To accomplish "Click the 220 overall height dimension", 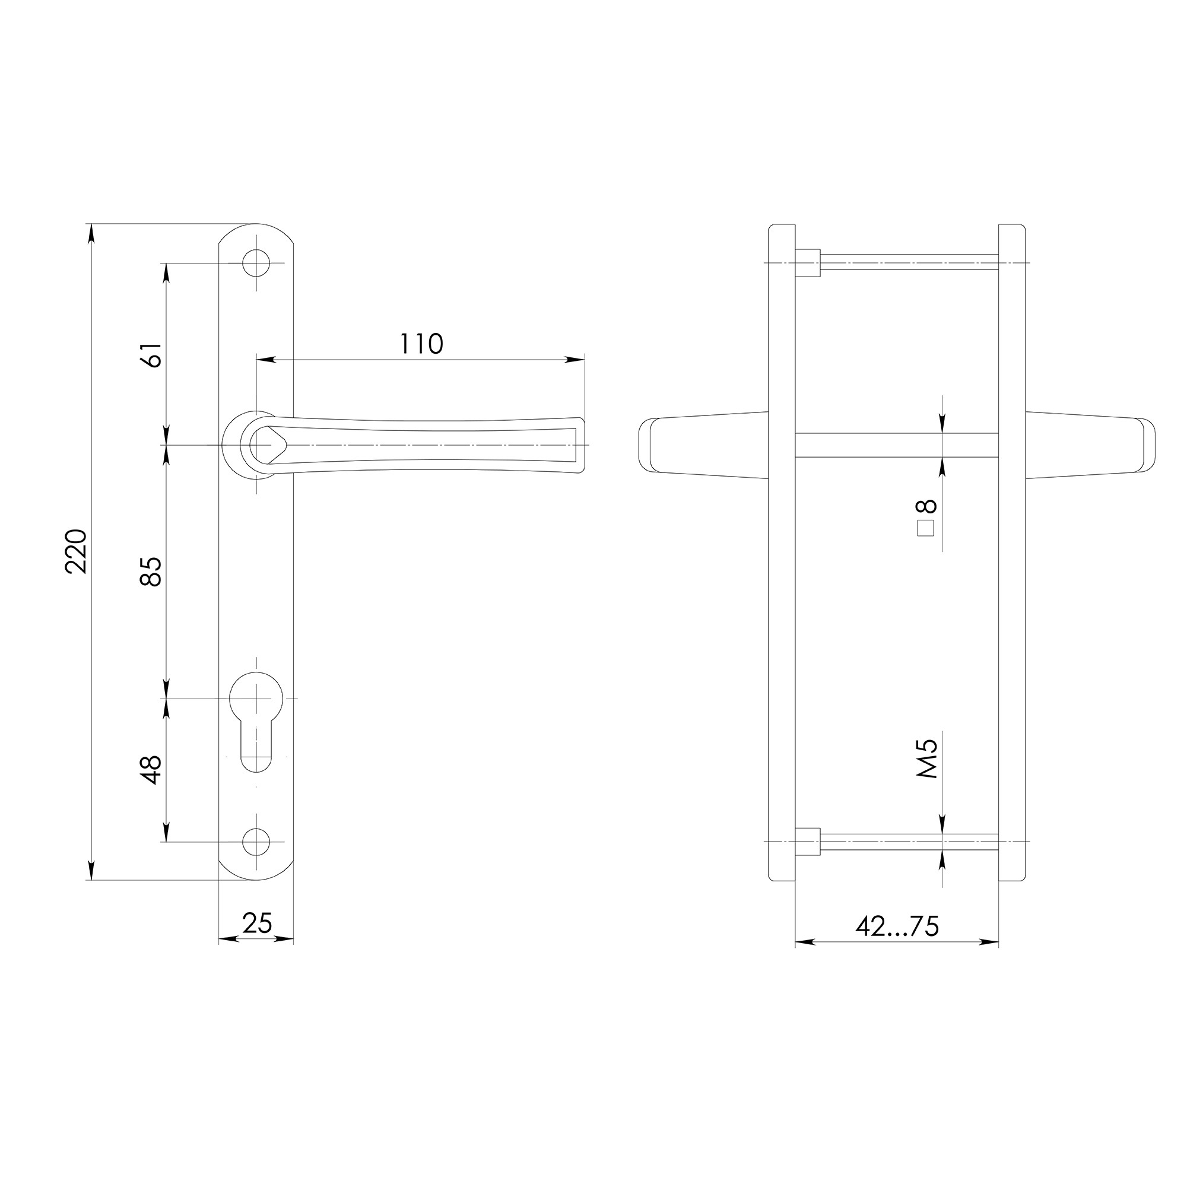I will pyautogui.click(x=78, y=551).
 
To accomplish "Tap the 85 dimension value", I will pyautogui.click(x=153, y=571).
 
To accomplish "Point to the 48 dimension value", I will pyautogui.click(x=153, y=770).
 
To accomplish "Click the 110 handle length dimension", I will pyautogui.click(x=421, y=344).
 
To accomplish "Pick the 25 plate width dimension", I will pyautogui.click(x=257, y=923).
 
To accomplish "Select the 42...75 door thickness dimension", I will pyautogui.click(x=897, y=926).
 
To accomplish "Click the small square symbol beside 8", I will pyautogui.click(x=926, y=528).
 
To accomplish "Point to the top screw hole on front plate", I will pyautogui.click(x=256, y=263).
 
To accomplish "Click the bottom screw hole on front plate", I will pyautogui.click(x=256, y=841).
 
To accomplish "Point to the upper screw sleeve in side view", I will pyautogui.click(x=808, y=263).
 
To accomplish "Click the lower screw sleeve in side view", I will pyautogui.click(x=808, y=841).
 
